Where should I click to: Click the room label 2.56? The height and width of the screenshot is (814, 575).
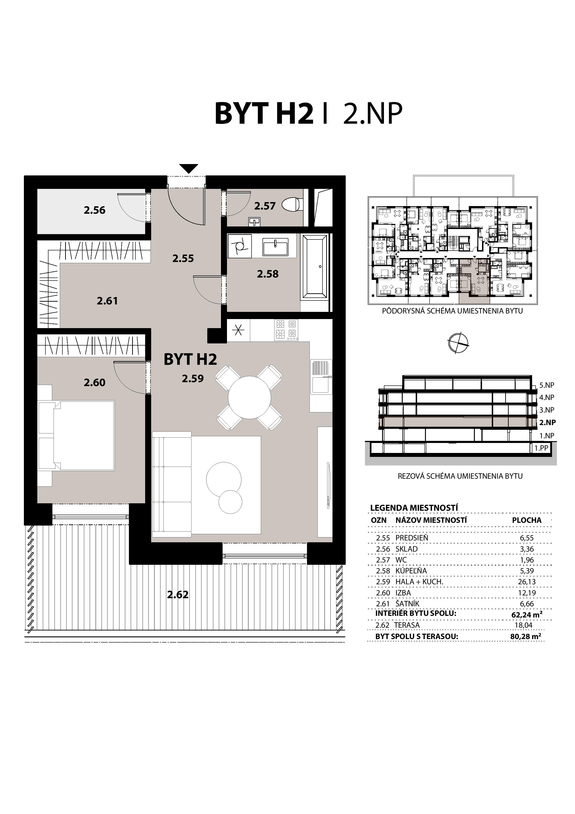pyautogui.click(x=95, y=210)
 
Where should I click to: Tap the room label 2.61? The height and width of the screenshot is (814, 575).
pyautogui.click(x=107, y=301)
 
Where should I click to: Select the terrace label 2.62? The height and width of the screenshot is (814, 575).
pyautogui.click(x=178, y=594)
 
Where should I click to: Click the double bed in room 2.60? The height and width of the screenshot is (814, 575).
pyautogui.click(x=76, y=435)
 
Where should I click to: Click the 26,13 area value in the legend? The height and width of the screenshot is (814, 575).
pyautogui.click(x=527, y=582)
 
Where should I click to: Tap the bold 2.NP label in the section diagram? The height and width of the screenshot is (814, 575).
pyautogui.click(x=547, y=422)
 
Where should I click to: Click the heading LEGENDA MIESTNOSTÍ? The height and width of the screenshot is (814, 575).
pyautogui.click(x=414, y=508)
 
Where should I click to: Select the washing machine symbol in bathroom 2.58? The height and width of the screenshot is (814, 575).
pyautogui.click(x=240, y=245)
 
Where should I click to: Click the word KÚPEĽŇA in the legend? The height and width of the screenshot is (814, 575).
pyautogui.click(x=411, y=571)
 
